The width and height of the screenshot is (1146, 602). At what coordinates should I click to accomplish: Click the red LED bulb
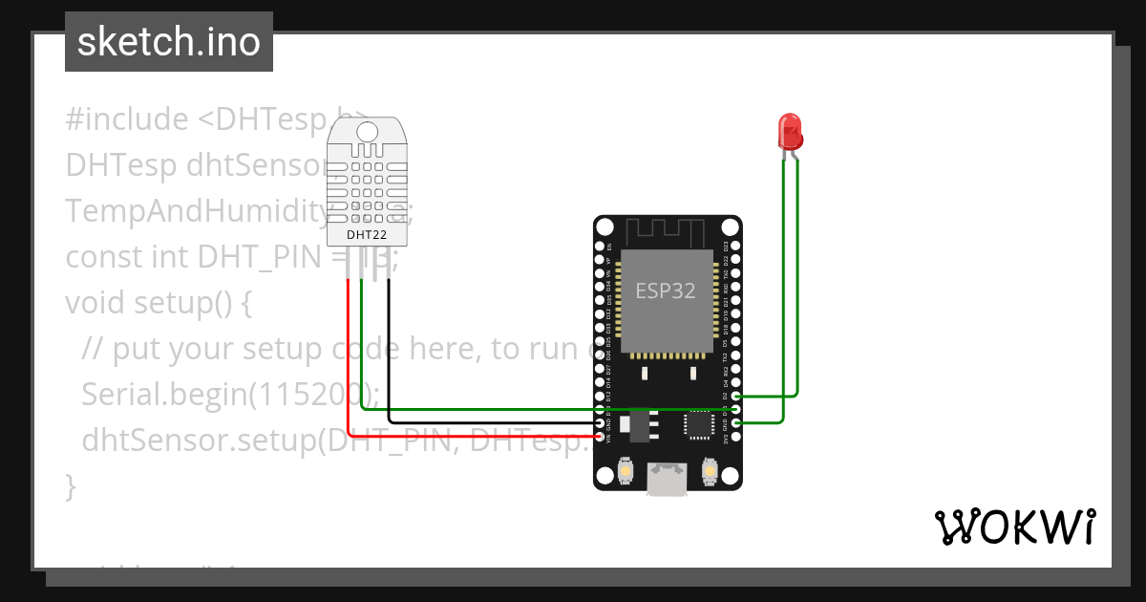click(x=790, y=131)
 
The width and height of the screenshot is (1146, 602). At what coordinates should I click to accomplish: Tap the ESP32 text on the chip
click(x=666, y=290)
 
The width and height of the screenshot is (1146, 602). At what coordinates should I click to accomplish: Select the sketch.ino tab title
click(x=168, y=42)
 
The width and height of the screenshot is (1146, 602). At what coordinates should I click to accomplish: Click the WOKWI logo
click(x=1014, y=527)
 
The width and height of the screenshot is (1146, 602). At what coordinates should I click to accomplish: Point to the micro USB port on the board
click(x=666, y=479)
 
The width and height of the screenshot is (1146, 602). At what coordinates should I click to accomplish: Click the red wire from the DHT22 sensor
click(x=350, y=363)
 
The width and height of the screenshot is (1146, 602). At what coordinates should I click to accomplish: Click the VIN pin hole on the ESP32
click(x=600, y=438)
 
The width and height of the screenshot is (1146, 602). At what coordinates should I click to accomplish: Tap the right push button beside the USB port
click(x=710, y=470)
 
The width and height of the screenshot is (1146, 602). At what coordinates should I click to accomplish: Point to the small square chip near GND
click(x=698, y=423)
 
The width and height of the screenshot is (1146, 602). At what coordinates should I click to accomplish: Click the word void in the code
click(x=95, y=303)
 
